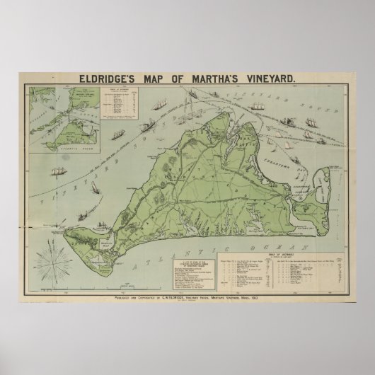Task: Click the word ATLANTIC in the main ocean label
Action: coord(188,233)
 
